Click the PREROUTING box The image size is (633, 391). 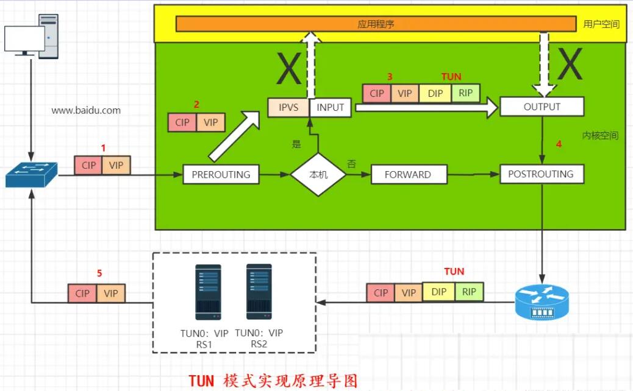click(221, 174)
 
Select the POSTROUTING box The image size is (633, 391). click(541, 174)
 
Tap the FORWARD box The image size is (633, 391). click(407, 174)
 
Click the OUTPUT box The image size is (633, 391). click(542, 107)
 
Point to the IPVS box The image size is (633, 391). click(288, 108)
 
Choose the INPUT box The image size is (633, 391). click(330, 108)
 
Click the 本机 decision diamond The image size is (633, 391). click(318, 174)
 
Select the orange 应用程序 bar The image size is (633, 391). click(376, 24)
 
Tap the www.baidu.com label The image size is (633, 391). click(86, 111)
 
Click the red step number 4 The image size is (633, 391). click(558, 145)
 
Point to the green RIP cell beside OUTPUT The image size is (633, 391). click(466, 93)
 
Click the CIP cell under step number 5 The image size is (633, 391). click(82, 294)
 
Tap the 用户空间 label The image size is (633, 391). click(601, 24)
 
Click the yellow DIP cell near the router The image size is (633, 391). click(438, 292)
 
